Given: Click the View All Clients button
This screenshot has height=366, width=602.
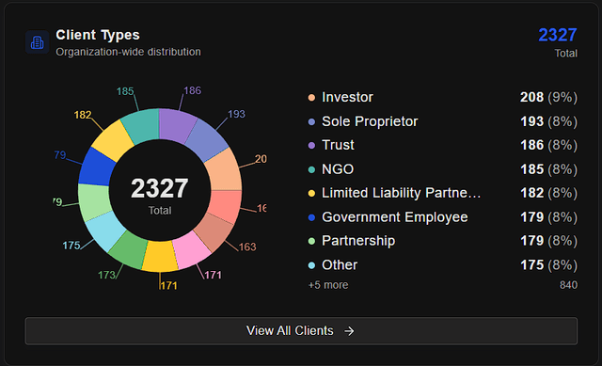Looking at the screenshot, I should [x=301, y=330].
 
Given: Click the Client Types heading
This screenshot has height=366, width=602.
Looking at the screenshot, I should [x=98, y=35].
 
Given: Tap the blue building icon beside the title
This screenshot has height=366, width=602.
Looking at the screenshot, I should [x=38, y=42].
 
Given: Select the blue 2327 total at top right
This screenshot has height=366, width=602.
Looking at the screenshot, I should [x=557, y=35].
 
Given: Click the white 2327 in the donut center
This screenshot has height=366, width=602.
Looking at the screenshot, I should [x=159, y=188].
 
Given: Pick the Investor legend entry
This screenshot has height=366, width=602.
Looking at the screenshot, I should [x=347, y=97].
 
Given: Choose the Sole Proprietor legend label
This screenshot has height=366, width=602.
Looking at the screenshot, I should [x=370, y=121].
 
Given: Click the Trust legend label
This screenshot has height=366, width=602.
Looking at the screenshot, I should [x=338, y=145].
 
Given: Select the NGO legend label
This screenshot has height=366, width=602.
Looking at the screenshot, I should [x=338, y=169].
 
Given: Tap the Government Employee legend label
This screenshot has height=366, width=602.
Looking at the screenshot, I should [x=394, y=217].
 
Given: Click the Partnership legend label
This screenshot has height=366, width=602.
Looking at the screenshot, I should [x=358, y=241].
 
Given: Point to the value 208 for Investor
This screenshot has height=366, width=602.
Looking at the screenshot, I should [x=531, y=97].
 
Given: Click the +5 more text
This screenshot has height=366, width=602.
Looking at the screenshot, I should [x=326, y=284].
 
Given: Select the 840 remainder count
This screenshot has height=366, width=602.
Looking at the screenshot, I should [x=568, y=284].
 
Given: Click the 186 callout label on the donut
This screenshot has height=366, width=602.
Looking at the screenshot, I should [x=192, y=90].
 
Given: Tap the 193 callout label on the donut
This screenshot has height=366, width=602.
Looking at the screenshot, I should [x=236, y=114].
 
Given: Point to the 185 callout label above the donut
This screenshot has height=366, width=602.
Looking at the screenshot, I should [x=124, y=91].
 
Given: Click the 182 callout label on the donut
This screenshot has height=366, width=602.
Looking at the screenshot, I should [x=83, y=115].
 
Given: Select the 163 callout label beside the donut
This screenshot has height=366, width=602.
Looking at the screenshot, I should [x=246, y=247].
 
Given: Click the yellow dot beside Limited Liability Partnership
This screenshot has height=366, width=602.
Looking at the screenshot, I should [x=310, y=193].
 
